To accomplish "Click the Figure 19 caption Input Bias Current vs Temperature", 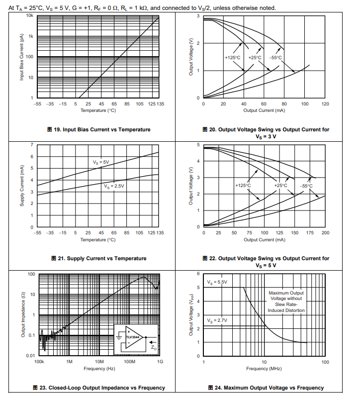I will coord(98,129).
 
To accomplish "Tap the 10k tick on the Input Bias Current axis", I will coord(29,16).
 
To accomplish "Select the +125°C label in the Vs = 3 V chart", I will coord(233,58).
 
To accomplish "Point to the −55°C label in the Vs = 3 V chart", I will coord(275,58).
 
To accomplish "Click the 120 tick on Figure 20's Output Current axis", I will coord(325,104).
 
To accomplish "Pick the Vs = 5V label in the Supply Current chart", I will coord(101,162).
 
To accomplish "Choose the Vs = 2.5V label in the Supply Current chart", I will coord(114,186).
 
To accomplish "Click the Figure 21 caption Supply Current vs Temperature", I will coord(98,258).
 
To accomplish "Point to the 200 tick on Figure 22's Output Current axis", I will coord(325,233).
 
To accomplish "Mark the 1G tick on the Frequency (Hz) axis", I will coord(160,362).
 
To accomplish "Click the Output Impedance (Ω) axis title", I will coord(23,314).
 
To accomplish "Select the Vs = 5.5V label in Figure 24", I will coord(217,282).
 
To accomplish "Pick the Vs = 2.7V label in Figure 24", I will coord(217,320).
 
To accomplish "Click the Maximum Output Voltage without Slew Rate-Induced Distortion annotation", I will coord(286,301).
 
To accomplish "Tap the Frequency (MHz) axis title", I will coord(264,369).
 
